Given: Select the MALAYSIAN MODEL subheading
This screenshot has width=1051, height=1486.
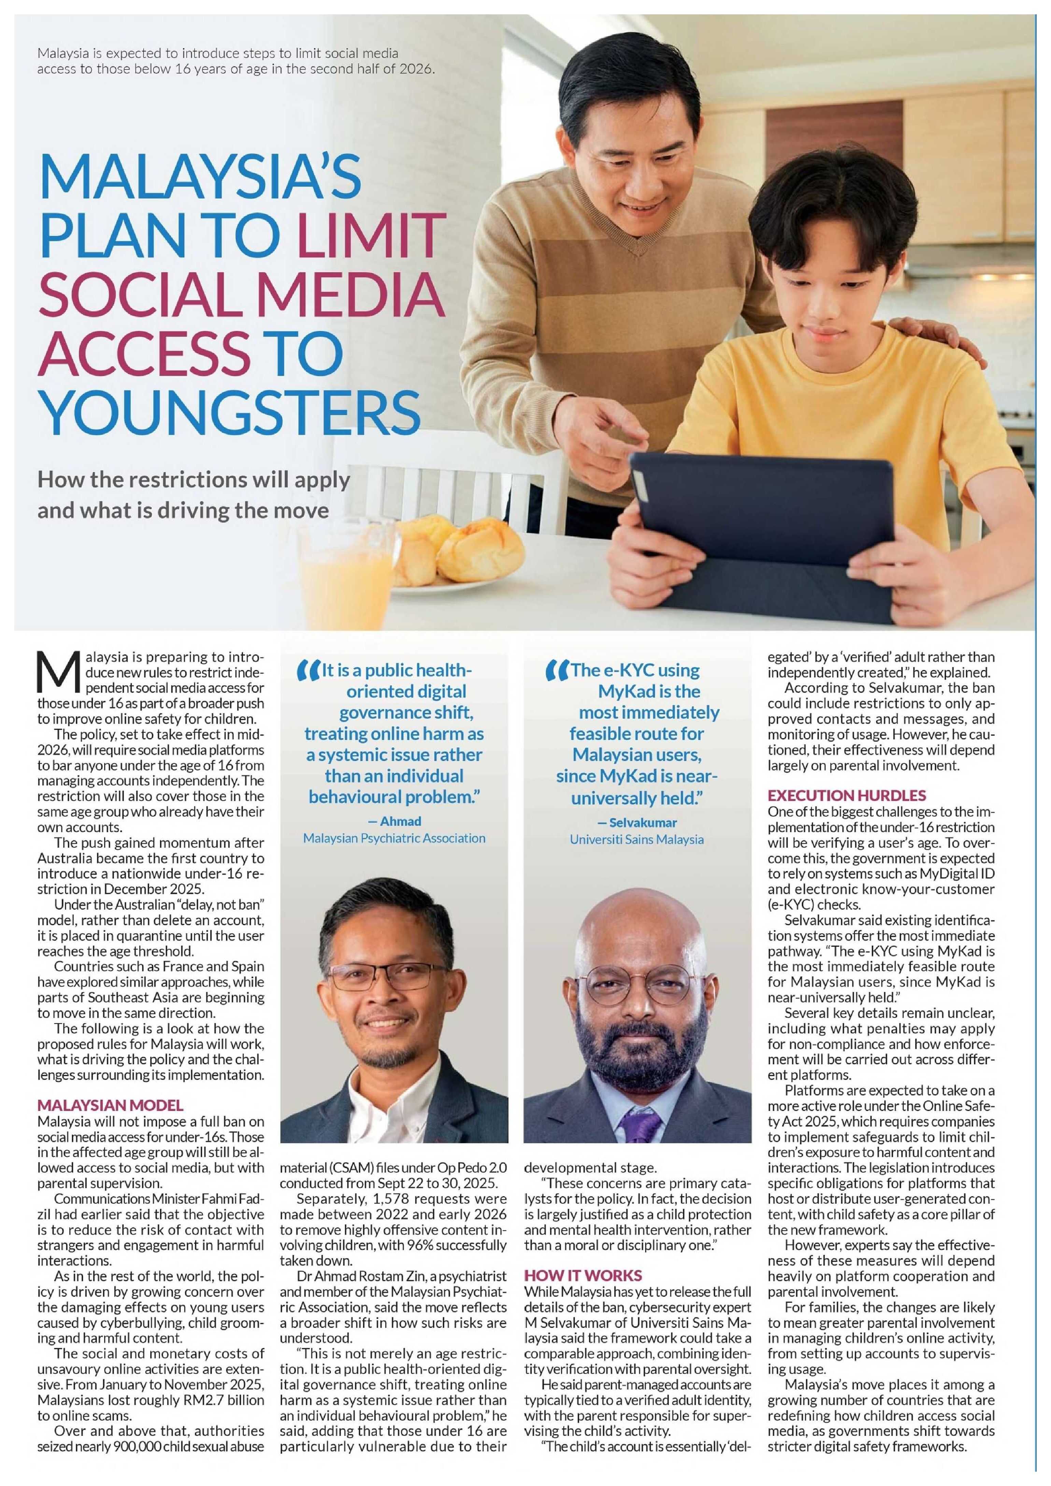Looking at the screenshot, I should pos(110,1105).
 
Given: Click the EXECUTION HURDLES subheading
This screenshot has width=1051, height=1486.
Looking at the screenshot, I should pos(847,796).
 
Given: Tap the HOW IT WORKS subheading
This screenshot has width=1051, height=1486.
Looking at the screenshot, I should pos(582,1276).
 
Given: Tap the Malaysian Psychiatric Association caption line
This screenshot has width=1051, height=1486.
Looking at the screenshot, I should pos(394,838).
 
